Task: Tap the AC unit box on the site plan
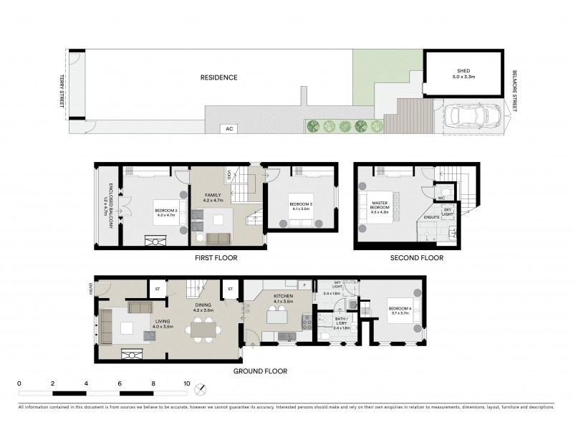point(229,129)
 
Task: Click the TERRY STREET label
point(62,92)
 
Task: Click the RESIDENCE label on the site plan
point(218,77)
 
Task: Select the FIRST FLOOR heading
point(216,257)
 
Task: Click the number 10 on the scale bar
point(187,383)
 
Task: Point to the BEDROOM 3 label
point(299,205)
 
